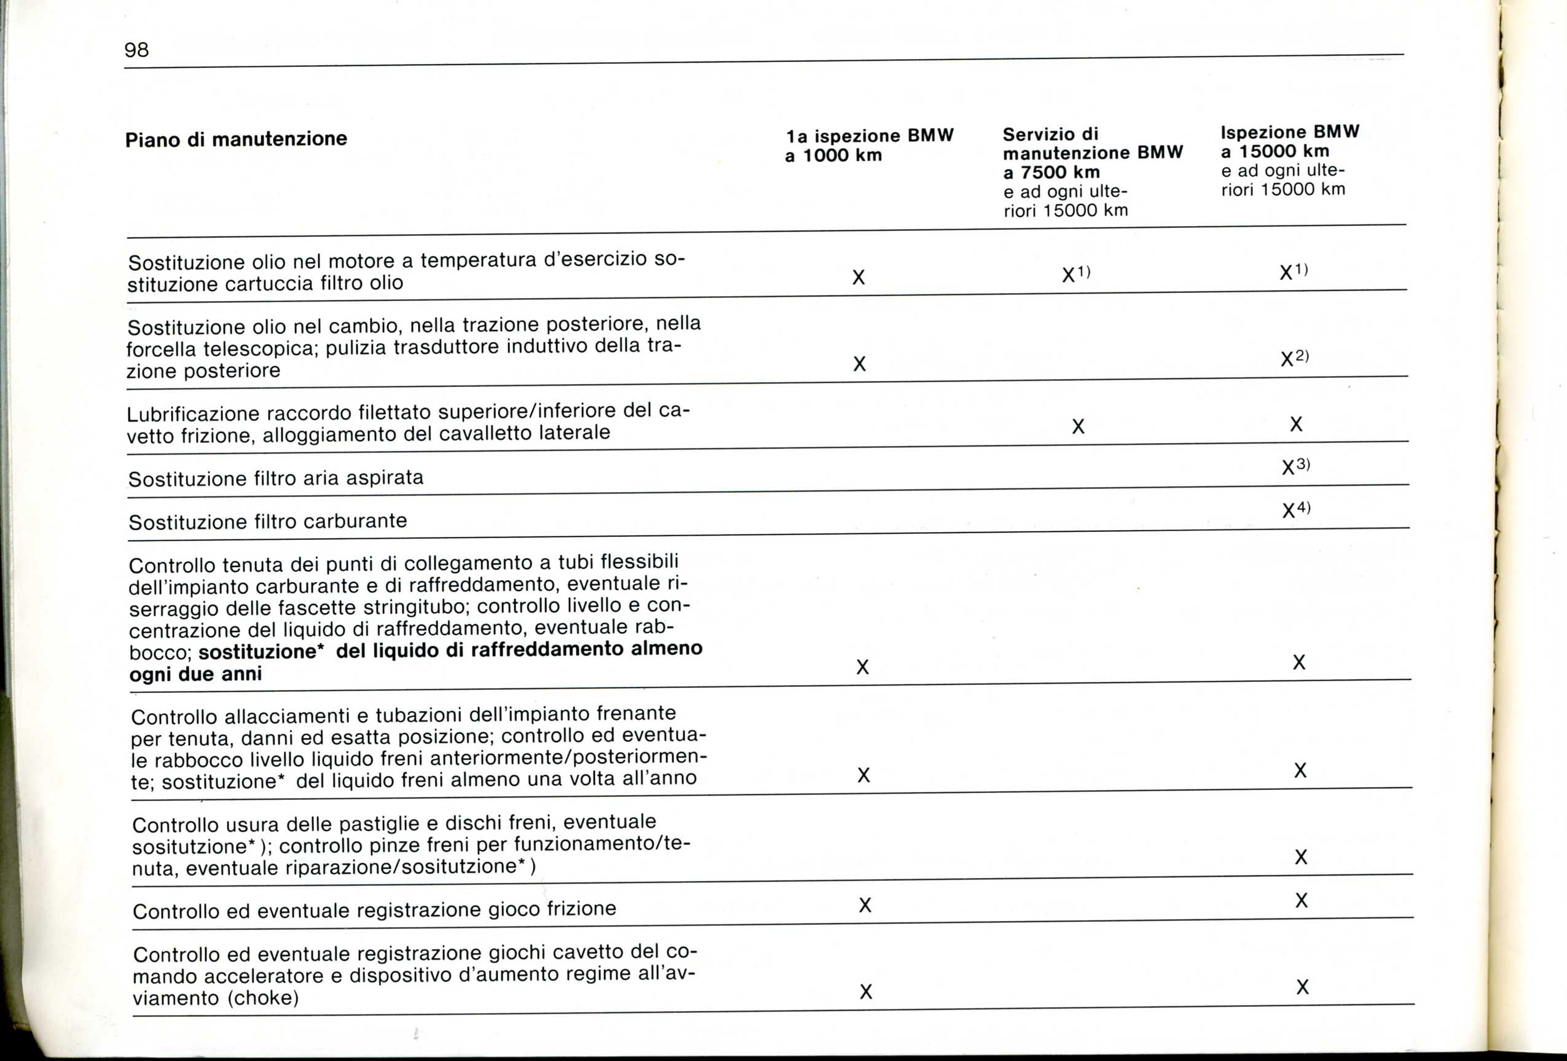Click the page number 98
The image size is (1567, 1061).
tap(136, 50)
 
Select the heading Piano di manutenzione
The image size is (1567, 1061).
tap(236, 139)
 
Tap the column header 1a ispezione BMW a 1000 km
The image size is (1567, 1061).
tap(869, 146)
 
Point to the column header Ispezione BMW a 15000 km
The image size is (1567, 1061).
tap(1290, 141)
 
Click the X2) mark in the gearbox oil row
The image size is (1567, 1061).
tap(1294, 358)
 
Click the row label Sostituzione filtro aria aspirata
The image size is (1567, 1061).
tap(276, 479)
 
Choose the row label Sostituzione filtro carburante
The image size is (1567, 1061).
tap(268, 522)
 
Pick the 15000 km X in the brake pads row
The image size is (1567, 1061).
tap(1301, 858)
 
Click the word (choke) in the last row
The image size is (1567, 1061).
tap(263, 998)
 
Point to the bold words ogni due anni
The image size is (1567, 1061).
tap(195, 674)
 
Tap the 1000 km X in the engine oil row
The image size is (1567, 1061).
tap(858, 278)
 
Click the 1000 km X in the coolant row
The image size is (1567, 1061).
tap(862, 667)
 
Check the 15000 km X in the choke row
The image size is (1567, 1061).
tap(1302, 987)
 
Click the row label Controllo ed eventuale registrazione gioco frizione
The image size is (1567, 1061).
tap(374, 910)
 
